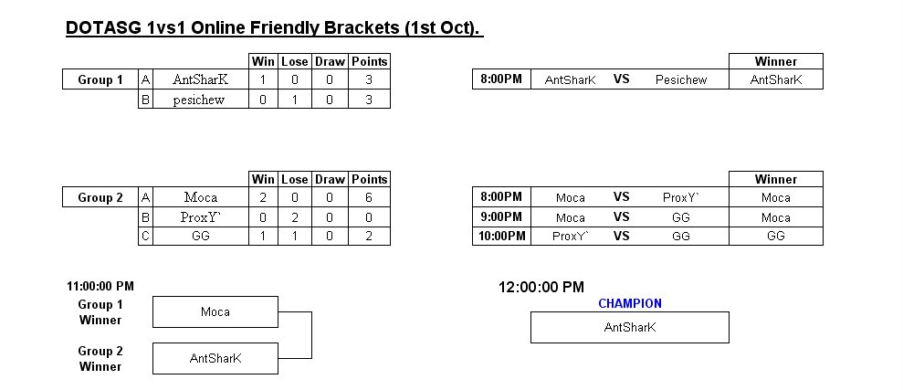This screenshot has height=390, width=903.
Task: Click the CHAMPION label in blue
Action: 629,303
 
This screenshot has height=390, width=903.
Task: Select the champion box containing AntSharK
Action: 629,327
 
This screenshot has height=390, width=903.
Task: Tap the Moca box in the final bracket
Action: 215,311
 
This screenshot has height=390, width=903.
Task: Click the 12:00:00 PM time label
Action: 541,287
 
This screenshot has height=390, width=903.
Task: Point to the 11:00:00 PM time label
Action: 100,286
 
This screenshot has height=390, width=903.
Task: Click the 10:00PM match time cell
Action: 501,236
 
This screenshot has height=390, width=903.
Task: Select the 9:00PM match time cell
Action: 501,216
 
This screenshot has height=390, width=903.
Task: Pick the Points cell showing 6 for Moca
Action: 369,197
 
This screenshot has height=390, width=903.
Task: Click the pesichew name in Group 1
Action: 199,100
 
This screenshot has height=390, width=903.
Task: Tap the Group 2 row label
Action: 100,197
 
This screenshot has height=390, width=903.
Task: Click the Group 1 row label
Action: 100,80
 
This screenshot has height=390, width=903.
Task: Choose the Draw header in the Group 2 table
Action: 330,179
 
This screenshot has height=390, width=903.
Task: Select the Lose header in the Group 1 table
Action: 295,61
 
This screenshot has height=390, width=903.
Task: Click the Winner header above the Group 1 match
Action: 776,61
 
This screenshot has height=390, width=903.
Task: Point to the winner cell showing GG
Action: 776,236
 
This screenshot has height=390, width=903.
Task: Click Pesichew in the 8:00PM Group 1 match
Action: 681,80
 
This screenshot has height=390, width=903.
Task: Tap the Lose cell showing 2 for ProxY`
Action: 295,217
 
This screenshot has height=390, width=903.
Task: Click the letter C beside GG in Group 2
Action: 146,237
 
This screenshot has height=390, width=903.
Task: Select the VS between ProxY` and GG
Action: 621,236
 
